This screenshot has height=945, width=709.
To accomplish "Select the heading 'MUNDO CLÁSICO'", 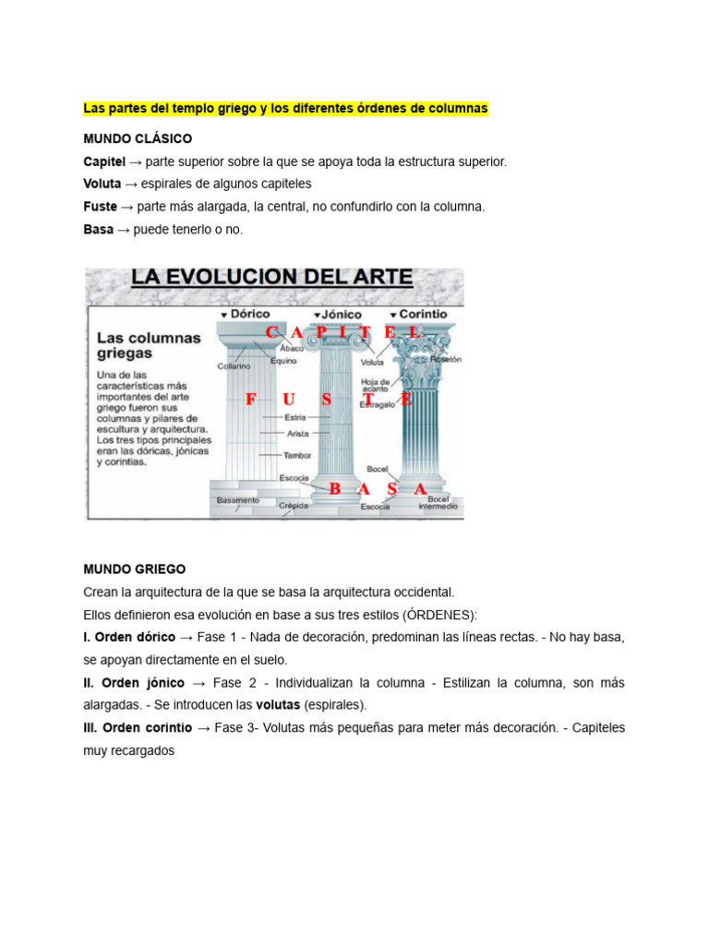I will [x=138, y=138].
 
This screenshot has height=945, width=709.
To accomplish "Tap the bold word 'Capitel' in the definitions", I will [x=104, y=161].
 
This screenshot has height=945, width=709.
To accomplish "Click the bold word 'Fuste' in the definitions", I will [x=100, y=207].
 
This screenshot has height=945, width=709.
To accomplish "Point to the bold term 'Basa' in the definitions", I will [x=99, y=229].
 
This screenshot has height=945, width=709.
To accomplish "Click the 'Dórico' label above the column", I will [x=249, y=314].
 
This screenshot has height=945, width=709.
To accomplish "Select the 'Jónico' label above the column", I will [x=341, y=315].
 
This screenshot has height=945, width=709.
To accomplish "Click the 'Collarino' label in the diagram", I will [x=234, y=365].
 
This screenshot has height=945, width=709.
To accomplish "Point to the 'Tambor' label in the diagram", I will [x=296, y=455].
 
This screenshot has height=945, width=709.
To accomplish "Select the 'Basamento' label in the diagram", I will [x=237, y=500].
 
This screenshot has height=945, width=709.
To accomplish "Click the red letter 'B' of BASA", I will [x=334, y=489].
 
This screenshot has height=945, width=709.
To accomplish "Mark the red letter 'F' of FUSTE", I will [x=250, y=400].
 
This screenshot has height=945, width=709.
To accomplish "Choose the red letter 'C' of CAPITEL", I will [x=271, y=331].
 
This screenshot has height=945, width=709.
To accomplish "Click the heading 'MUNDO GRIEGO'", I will [x=135, y=569].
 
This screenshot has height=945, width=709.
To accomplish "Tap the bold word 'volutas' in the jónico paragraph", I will [x=278, y=705].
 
